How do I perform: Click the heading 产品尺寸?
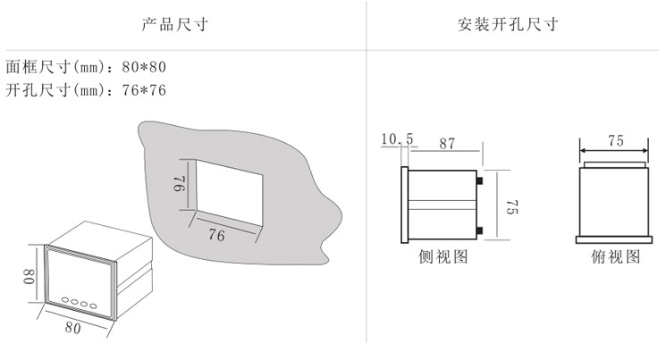(x=174, y=25)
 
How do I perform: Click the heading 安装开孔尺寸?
(x=508, y=25)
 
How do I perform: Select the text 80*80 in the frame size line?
(x=144, y=67)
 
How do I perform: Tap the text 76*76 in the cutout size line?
(x=144, y=90)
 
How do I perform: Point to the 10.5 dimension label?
(x=397, y=138)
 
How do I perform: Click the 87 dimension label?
(x=447, y=144)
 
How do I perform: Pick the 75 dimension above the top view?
(x=615, y=141)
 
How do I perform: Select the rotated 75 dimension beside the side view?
(x=512, y=206)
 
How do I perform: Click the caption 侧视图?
(x=443, y=256)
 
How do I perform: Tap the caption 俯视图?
(x=615, y=256)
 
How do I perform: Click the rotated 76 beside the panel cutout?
(x=180, y=183)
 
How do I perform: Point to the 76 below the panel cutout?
(x=216, y=235)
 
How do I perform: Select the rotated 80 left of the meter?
(x=29, y=276)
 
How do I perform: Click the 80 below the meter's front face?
(x=72, y=328)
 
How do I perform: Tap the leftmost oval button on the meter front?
(x=65, y=300)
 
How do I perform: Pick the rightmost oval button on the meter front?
(x=93, y=306)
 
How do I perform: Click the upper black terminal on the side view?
(x=480, y=180)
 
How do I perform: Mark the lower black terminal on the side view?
(x=480, y=231)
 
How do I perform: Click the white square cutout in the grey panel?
(x=229, y=192)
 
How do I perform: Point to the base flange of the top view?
(x=614, y=240)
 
